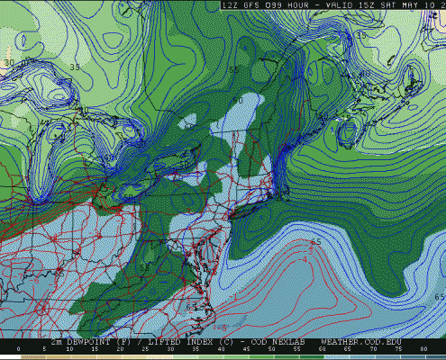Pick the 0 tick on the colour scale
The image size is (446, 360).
pyautogui.click(x=19, y=348)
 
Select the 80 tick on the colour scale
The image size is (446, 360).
pyautogui.click(x=424, y=348)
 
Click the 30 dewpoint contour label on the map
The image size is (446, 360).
pyautogui.click(x=10, y=63)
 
